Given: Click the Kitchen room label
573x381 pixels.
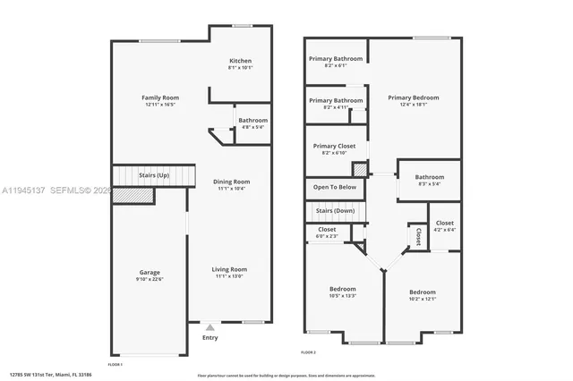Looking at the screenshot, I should [x=240, y=61].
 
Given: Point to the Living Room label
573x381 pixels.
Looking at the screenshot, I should [x=231, y=269].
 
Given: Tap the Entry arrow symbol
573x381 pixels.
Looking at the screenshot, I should [x=210, y=328].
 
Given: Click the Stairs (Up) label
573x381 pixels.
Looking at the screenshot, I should [x=152, y=175].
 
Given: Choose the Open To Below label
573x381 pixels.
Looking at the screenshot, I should [x=335, y=187].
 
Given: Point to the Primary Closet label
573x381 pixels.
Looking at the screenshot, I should [x=334, y=146].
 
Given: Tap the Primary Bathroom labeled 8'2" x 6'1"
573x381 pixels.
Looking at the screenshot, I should [x=336, y=59].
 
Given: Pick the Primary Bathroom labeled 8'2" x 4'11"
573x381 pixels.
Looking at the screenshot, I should [x=336, y=101].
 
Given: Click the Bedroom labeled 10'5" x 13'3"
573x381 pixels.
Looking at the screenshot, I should [x=342, y=289].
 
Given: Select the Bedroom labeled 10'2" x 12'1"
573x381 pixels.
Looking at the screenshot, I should [x=423, y=292].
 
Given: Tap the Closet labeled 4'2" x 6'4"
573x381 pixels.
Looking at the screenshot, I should [x=444, y=223].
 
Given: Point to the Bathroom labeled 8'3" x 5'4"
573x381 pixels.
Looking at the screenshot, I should [x=429, y=177].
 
